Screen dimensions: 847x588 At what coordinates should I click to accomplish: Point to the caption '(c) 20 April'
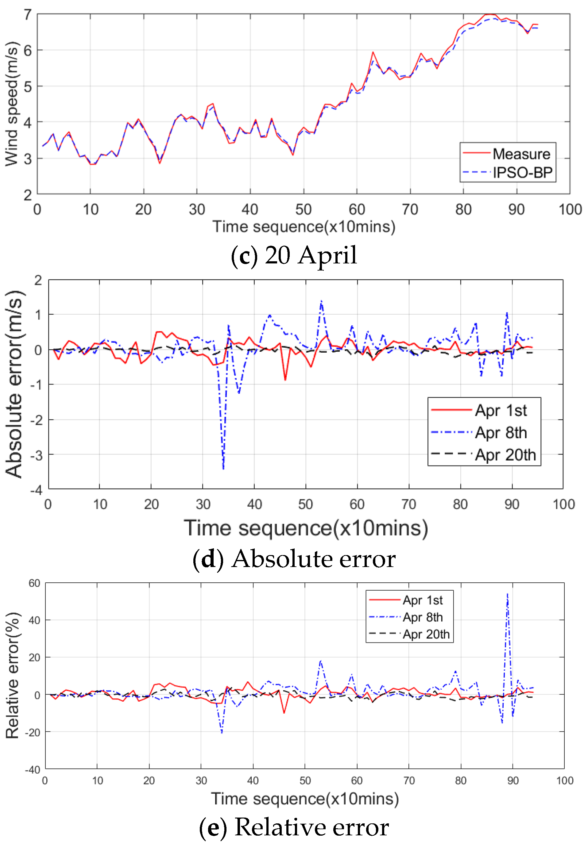tap(294, 255)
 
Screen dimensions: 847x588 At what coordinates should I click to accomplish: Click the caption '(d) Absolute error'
tap(294, 559)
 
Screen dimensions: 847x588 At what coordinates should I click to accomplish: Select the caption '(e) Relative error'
tap(294, 827)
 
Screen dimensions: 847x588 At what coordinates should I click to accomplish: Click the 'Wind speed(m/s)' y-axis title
tap(12, 104)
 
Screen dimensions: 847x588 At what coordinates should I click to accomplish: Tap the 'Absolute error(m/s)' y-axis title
tap(14, 384)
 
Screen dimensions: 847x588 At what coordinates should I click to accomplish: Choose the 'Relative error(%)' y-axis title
tap(13, 676)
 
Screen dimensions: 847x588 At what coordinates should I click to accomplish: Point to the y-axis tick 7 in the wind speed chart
tap(28, 15)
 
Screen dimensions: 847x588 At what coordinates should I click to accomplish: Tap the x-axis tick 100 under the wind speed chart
tap(570, 209)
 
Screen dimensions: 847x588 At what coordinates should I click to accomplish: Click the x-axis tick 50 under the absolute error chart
tap(305, 504)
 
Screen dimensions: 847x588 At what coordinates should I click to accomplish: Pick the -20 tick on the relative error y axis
tap(33, 732)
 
